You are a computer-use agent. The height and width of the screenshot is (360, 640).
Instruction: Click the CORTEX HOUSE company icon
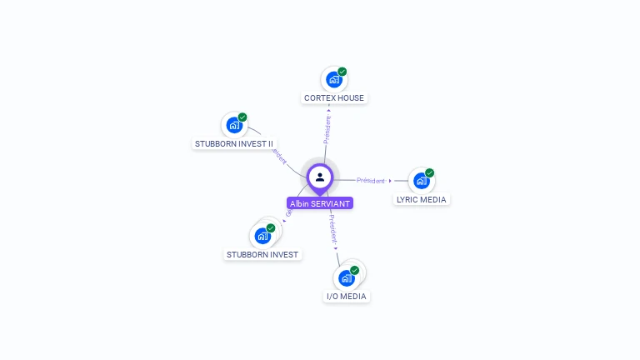point(333,80)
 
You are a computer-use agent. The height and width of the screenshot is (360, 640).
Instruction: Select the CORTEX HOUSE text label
point(333,97)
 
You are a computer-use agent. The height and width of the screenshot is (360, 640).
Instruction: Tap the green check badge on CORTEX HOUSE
point(342,72)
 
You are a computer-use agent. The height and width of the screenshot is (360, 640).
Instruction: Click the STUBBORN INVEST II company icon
point(233,126)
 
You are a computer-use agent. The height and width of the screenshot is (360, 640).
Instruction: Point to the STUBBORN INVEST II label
point(234,143)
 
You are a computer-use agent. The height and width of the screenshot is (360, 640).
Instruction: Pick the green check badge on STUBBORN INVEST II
point(242,117)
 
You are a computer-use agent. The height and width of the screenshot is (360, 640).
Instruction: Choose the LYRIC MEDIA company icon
point(421,181)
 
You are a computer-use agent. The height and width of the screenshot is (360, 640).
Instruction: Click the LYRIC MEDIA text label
point(422,199)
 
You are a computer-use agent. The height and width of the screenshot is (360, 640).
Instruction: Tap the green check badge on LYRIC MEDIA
point(429,173)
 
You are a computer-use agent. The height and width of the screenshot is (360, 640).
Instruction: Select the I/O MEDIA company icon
point(346,278)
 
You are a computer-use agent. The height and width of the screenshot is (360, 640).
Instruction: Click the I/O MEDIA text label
point(346,296)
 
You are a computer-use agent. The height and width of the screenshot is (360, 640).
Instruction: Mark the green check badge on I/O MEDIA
point(354,271)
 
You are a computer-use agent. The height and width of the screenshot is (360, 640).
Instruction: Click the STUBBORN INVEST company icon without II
point(262,236)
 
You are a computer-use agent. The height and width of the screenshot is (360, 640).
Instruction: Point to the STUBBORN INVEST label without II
point(262,254)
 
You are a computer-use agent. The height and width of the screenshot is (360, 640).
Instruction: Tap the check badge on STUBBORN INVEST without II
point(271,228)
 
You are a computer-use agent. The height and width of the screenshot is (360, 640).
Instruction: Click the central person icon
point(320,177)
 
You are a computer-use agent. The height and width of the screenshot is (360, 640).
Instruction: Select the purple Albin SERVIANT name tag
point(320,203)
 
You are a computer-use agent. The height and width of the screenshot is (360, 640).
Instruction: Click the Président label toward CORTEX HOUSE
point(327,129)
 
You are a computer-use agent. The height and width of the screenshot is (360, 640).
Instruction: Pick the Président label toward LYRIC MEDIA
point(371,181)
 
